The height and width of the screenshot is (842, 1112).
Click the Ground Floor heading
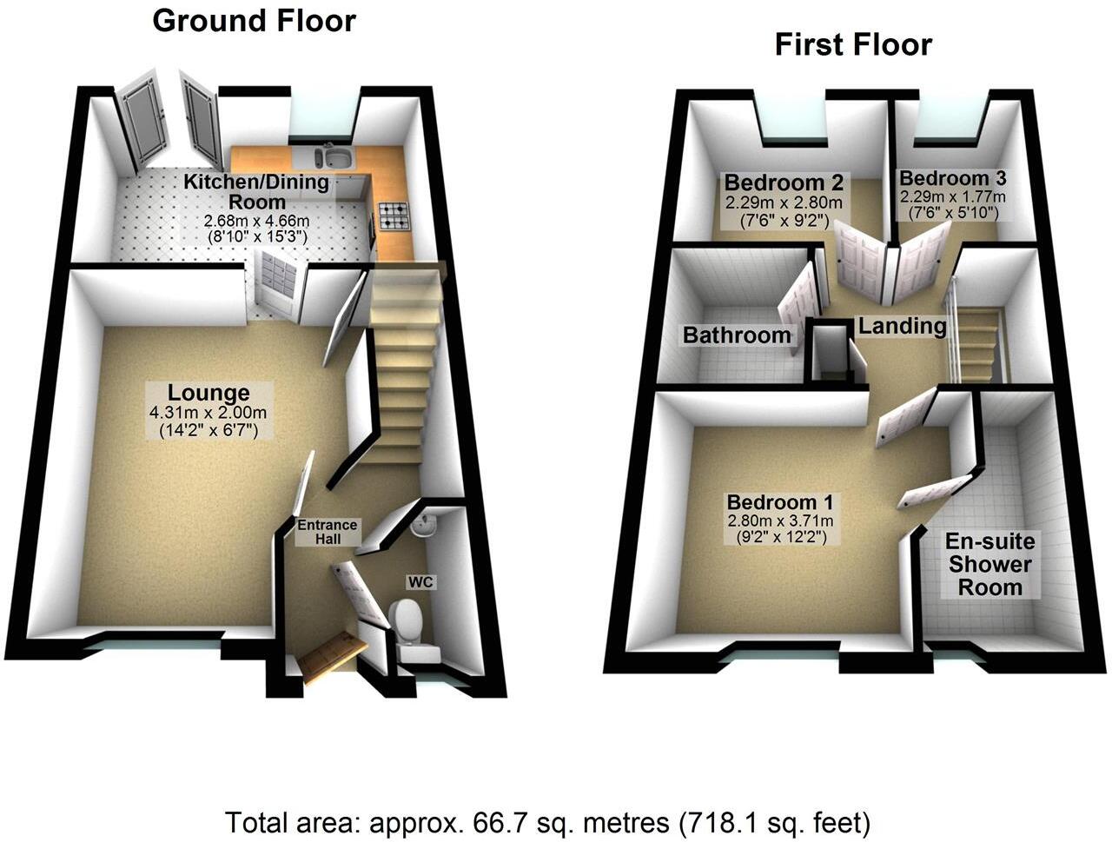click(x=254, y=21)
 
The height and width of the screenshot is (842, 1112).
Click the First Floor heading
click(x=853, y=44)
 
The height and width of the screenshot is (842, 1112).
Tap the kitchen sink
click(x=333, y=157)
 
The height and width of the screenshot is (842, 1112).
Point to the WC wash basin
click(x=424, y=526)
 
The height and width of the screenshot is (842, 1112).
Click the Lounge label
click(x=208, y=393)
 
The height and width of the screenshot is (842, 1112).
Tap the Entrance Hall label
click(x=328, y=531)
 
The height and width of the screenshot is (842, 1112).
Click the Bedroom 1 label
click(x=780, y=502)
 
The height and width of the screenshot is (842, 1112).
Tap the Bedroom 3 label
click(x=952, y=179)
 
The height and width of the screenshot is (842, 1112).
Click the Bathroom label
click(x=737, y=335)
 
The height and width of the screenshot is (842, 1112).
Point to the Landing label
click(x=902, y=326)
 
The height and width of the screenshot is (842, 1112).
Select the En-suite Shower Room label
click(x=990, y=564)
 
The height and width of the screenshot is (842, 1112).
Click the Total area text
click(x=548, y=821)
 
